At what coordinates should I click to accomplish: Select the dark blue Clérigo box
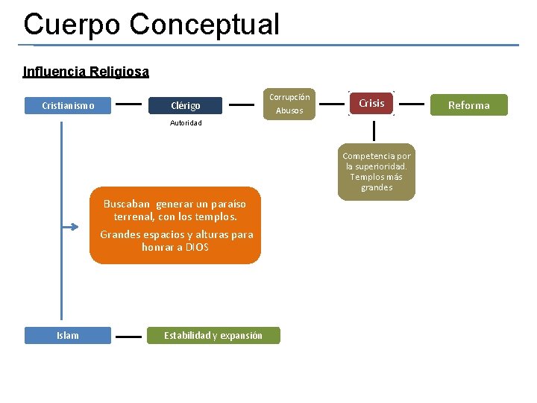click(185, 105)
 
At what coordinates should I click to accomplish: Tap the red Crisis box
click(371, 103)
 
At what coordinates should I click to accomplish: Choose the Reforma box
click(468, 105)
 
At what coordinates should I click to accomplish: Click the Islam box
click(68, 335)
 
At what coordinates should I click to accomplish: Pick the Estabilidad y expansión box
click(213, 335)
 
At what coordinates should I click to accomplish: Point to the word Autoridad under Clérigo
click(186, 122)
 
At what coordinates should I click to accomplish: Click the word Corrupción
click(289, 97)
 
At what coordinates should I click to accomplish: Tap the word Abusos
click(289, 110)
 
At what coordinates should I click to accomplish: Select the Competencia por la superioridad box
click(376, 172)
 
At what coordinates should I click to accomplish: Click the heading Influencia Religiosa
click(86, 72)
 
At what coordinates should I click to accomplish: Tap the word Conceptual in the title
click(204, 24)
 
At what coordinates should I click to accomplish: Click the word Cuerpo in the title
click(72, 24)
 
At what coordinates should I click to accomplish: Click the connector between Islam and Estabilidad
click(128, 336)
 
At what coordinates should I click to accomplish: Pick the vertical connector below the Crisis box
click(374, 131)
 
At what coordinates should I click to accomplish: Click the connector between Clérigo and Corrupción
click(241, 104)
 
